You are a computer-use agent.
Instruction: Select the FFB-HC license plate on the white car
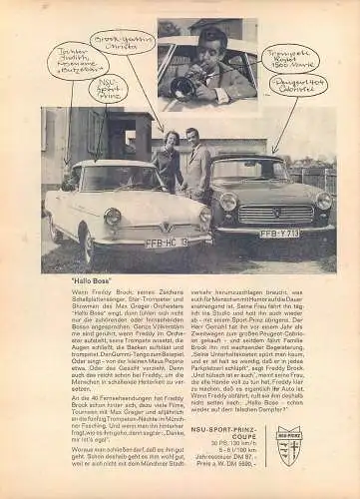[x=166, y=242]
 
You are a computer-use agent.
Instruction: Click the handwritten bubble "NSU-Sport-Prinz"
[x=108, y=90]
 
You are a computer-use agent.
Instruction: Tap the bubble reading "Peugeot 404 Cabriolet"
[x=297, y=84]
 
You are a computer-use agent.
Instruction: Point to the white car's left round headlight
[x=113, y=217]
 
